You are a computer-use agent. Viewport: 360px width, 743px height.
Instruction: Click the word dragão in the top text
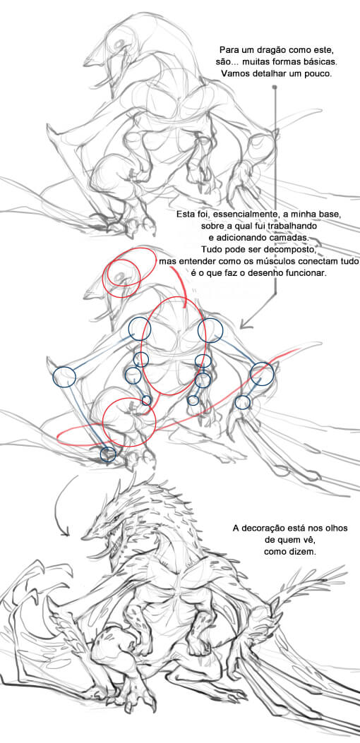pyautogui.click(x=269, y=50)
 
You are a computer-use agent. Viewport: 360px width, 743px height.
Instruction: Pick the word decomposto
pyautogui.click(x=288, y=249)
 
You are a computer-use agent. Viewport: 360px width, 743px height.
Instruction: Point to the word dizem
pyautogui.click(x=304, y=552)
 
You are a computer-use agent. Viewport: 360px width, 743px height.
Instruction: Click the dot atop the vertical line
pyautogui.click(x=275, y=87)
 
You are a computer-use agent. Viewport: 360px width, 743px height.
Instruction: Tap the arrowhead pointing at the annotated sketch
pyautogui.click(x=244, y=325)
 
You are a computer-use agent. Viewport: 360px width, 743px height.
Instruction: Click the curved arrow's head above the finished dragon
pyautogui.click(x=67, y=533)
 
